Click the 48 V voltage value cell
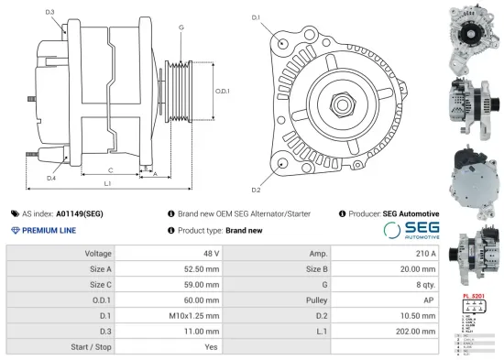click(211, 253)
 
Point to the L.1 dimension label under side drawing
click(107, 184)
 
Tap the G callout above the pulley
click(181, 28)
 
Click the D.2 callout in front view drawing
click(256, 190)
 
